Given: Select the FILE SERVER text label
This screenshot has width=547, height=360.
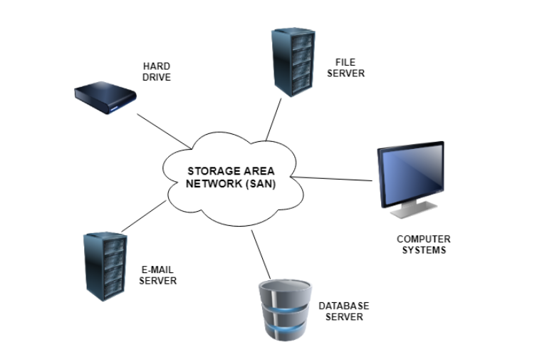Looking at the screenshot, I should point(350,68).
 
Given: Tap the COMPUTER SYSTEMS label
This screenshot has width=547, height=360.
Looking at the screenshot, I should point(423,245).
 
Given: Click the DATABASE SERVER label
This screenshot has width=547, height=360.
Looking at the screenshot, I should point(344,311).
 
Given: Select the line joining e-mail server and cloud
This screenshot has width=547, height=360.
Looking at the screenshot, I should point(144,216).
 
